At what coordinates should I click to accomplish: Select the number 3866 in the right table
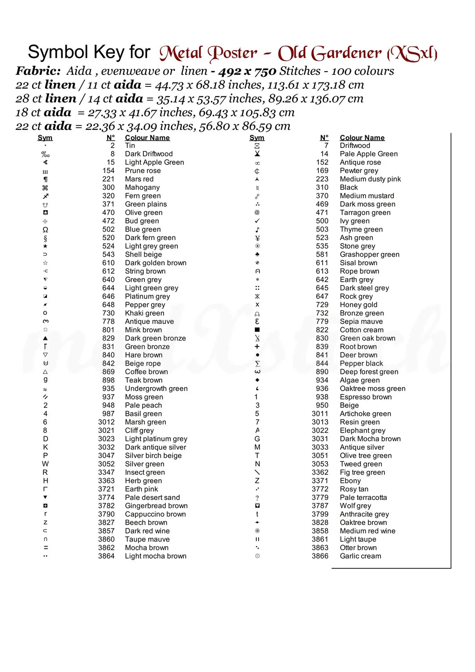coord(320,556)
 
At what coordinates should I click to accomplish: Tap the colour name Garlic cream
coord(360,556)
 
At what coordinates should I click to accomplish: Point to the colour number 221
coord(108,179)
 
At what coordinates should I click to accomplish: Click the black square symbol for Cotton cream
coord(257,330)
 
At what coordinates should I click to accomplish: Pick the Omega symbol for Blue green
coord(45,229)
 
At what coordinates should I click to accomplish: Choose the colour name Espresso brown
coord(366,397)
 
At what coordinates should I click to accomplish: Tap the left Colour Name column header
coord(147,138)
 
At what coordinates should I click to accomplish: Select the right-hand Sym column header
coord(257,138)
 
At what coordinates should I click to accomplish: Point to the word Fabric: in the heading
coord(39,71)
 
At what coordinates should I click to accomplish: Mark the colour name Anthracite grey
coord(364,514)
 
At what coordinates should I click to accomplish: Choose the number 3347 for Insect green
coord(106,472)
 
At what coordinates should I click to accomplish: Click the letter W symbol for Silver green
coord(45,464)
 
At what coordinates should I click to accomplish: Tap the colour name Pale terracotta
coord(363,497)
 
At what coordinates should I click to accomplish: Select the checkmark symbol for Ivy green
coord(257,221)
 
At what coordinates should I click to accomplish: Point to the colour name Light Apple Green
coord(154,162)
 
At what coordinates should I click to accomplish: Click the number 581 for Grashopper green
coord(322,254)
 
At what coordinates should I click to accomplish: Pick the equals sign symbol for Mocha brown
coord(45,547)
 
